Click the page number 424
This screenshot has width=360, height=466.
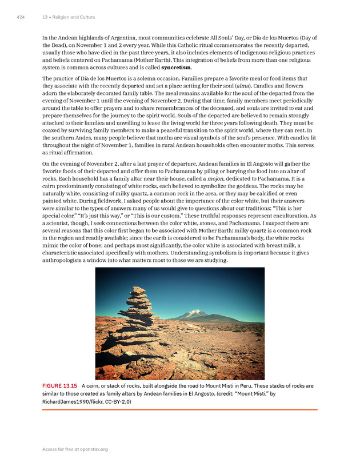21,17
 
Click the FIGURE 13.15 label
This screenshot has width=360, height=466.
61,386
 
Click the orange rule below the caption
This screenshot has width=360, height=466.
179,409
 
